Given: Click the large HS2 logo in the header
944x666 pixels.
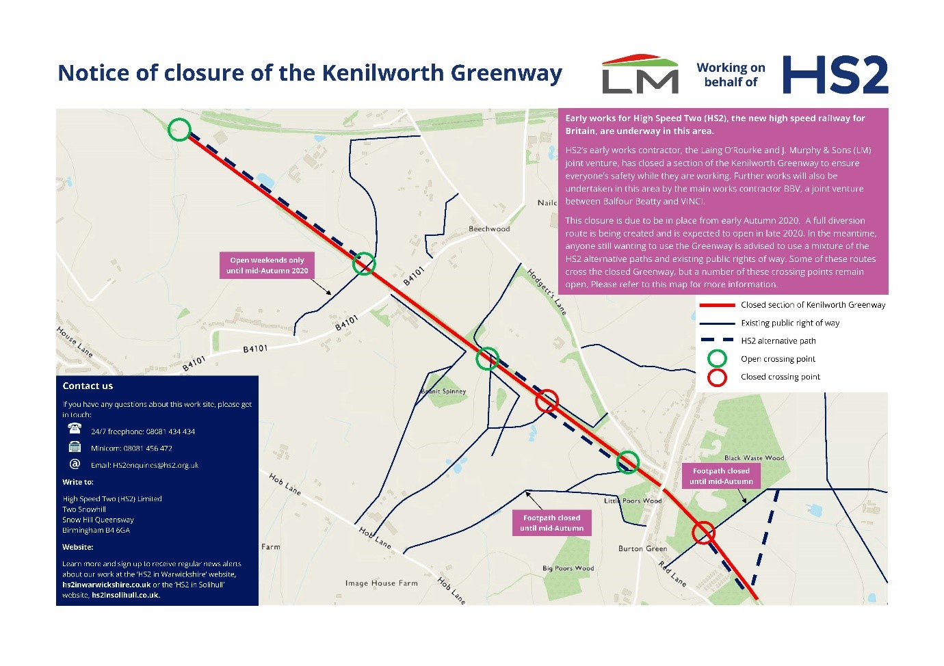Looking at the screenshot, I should coord(835,75).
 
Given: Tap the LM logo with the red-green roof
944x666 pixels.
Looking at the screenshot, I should coord(640,75).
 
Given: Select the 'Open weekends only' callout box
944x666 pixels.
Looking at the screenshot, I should coord(267,265).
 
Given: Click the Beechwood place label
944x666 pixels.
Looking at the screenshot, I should coord(489,229).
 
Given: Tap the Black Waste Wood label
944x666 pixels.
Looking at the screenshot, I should coord(754,458).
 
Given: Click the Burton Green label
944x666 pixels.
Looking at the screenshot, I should coord(642,548).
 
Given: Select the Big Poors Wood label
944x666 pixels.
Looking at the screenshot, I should coord(568,568).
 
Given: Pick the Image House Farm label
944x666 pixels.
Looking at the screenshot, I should coord(381,583).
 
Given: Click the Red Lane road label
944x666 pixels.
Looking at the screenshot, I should coord(672,573).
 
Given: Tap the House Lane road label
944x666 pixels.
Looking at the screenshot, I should coord(75,341).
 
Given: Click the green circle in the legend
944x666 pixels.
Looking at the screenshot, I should coord(717,359).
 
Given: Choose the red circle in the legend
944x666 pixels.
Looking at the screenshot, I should coord(717,377).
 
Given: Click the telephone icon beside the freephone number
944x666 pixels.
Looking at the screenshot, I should coord(75,429).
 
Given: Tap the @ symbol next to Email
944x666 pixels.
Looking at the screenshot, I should coord(75,464).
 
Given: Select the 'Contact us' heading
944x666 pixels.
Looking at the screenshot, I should coord(88,386).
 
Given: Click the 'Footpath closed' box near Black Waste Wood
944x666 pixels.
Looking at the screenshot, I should coord(721,476).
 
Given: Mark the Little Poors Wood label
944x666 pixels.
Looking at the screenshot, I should coord(633,501).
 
